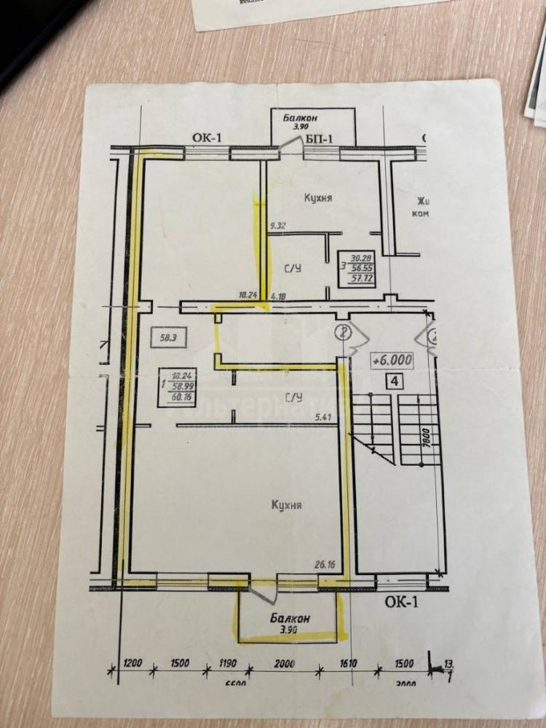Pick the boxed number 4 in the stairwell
point(393,380)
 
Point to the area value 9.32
point(277,226)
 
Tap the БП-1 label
point(320,138)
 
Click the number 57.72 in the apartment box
point(361,280)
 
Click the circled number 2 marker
point(345,332)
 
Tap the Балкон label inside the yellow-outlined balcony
point(290,619)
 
